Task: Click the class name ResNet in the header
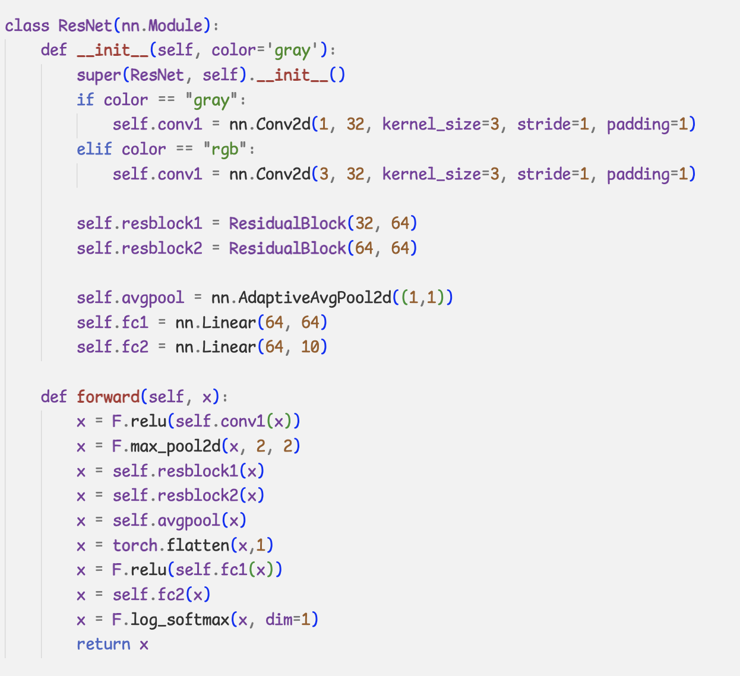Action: click(85, 26)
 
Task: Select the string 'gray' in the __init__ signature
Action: click(292, 50)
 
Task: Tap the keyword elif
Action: click(94, 149)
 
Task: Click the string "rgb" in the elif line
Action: click(224, 149)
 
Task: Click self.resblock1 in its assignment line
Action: click(139, 223)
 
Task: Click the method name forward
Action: click(108, 397)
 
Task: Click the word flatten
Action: click(198, 545)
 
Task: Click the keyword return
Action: click(103, 645)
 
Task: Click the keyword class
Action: click(27, 26)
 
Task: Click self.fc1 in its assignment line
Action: click(112, 323)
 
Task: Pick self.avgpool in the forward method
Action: click(166, 521)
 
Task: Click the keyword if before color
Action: click(85, 100)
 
